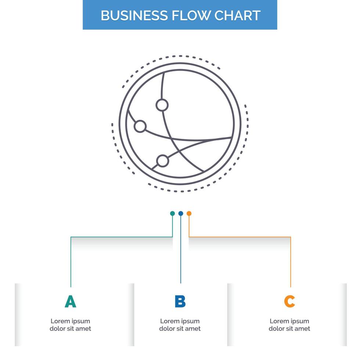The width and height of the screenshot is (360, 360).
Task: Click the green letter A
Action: point(70,302)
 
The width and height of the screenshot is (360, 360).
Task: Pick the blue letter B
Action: point(180,302)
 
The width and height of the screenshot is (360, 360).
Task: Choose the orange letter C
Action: point(289,302)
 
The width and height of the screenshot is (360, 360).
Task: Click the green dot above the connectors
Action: point(172,213)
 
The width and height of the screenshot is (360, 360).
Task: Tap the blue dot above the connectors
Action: point(181,213)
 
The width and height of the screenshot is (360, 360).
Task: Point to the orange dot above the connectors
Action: point(189,213)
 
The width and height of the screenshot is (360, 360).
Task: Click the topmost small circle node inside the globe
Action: point(162,105)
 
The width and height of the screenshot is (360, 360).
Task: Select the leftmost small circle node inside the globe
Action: point(140,126)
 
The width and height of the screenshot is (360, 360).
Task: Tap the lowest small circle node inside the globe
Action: point(162,161)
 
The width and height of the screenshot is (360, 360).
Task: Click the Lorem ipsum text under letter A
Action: point(70,325)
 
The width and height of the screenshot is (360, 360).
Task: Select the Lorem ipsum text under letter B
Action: point(180,325)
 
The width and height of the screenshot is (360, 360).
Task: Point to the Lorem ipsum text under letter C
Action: point(289,325)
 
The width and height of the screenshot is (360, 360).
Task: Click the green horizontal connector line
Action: point(121,237)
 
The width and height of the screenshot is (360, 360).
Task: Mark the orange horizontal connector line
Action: point(239,237)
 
